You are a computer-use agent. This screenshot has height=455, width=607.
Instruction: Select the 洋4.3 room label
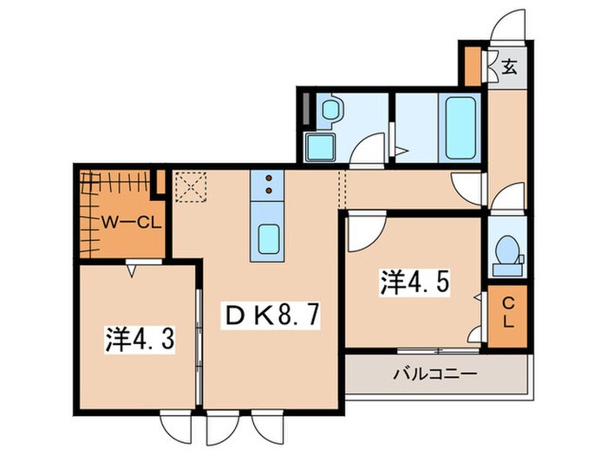tap(142, 339)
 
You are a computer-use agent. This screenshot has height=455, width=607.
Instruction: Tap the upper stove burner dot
tap(268, 177)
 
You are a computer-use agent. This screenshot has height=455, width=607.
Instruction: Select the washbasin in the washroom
tap(330, 110)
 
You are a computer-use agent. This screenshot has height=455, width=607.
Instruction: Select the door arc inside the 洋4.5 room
tap(365, 228)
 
